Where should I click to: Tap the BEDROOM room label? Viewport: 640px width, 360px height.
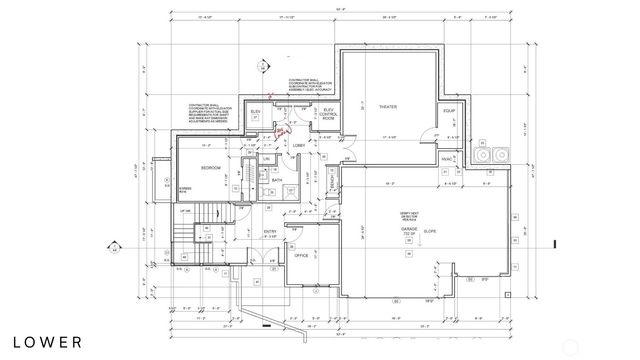pos(210,168)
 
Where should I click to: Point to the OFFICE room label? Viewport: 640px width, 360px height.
pos(300,256)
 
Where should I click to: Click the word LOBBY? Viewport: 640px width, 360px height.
pos(298,144)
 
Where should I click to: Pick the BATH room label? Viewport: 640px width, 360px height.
pos(277,181)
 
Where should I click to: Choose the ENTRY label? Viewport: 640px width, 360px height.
pos(269,232)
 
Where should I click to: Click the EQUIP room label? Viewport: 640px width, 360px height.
pos(450,111)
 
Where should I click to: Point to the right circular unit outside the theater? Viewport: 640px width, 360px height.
pos(501,155)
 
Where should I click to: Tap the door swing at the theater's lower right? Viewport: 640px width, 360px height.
pos(432,136)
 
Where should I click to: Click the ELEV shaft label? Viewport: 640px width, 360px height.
pos(256,111)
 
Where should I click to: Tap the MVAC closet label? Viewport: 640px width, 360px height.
pos(447,158)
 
